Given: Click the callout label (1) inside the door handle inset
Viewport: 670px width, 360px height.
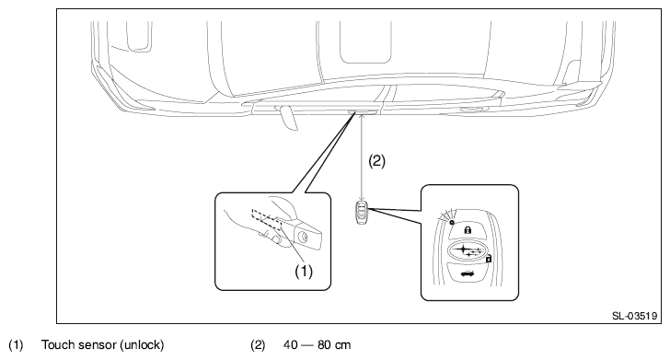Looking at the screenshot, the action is click(304, 271).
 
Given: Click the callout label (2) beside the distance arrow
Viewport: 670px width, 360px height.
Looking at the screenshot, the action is click(377, 161).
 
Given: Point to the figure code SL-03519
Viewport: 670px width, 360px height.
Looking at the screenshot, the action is click(634, 316).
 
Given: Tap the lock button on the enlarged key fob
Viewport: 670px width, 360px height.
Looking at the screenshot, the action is click(468, 231).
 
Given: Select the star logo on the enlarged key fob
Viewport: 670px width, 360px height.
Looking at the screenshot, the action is click(468, 250).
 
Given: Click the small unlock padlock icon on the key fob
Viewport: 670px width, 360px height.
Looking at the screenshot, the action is click(489, 258).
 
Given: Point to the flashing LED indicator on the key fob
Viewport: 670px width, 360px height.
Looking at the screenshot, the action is click(452, 223).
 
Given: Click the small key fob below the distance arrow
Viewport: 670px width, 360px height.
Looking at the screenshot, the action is click(362, 211).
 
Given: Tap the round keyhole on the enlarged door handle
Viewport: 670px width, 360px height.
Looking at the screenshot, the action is click(303, 237).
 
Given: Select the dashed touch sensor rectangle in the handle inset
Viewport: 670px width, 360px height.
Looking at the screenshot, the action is click(267, 220).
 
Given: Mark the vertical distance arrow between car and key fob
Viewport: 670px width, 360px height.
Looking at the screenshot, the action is click(362, 157).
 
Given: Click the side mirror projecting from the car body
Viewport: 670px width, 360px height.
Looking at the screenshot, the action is click(288, 118).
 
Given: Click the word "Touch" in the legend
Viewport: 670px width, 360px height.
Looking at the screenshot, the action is click(57, 344).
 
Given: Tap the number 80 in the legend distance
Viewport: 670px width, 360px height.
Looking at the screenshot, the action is click(324, 345).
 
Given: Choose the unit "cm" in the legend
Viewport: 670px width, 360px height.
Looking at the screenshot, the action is click(342, 345).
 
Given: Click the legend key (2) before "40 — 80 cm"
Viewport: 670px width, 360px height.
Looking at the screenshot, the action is click(258, 345).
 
